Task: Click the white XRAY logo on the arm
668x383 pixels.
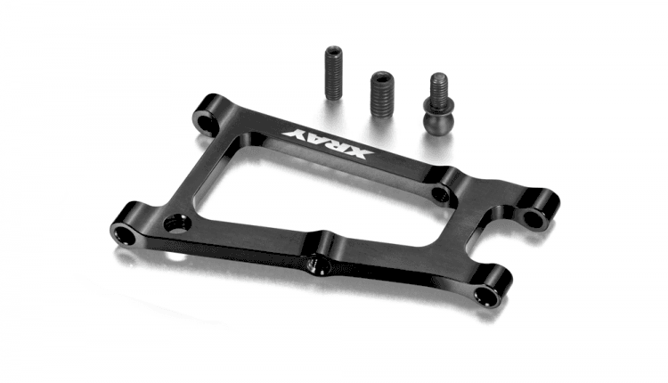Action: [327, 143]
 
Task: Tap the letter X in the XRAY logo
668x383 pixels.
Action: [359, 152]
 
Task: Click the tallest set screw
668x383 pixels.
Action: [333, 73]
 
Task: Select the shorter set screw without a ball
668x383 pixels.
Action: [382, 94]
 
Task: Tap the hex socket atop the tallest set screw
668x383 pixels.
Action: [333, 52]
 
